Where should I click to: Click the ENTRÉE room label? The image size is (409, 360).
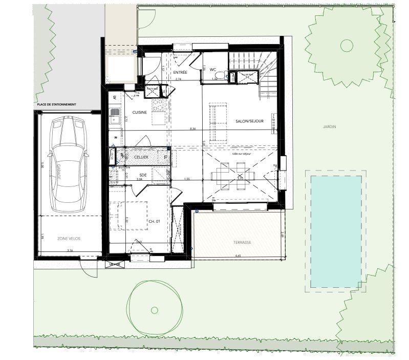click(x=180, y=72)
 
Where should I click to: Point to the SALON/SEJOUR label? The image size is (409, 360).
click(x=249, y=121)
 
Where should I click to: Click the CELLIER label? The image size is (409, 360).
click(x=141, y=157)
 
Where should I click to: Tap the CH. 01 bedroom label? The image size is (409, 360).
click(x=155, y=221)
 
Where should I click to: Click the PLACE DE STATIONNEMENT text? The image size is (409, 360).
click(x=57, y=104)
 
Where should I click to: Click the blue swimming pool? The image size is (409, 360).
click(x=336, y=230)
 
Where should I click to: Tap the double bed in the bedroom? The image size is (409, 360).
click(x=130, y=215)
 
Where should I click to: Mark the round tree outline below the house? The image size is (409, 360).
click(x=155, y=308)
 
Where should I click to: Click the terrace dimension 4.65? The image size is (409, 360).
click(x=238, y=255)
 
